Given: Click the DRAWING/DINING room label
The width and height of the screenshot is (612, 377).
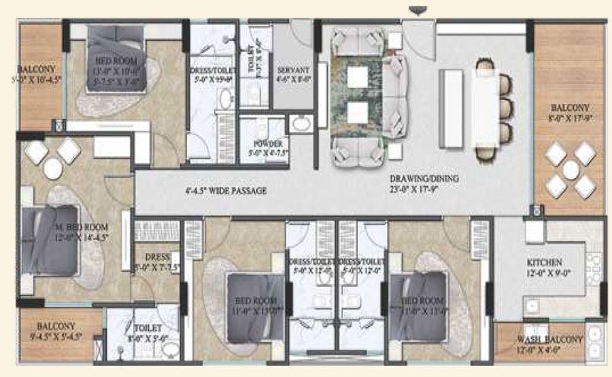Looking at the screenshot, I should (x=424, y=179).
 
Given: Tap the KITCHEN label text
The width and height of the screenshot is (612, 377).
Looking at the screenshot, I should (x=545, y=262).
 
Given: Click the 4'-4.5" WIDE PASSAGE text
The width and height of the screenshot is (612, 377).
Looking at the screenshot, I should (x=226, y=191).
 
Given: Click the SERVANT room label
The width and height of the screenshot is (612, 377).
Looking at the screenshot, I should (x=294, y=70).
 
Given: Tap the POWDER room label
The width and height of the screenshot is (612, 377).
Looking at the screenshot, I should (x=267, y=144).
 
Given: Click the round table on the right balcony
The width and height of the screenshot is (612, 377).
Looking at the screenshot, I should (x=570, y=170).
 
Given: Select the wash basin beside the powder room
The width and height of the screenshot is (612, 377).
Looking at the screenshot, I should (x=301, y=124).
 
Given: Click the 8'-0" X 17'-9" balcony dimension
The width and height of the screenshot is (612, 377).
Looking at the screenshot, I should (x=570, y=117).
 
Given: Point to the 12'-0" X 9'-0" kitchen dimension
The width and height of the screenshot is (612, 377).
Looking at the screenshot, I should (x=545, y=272).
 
